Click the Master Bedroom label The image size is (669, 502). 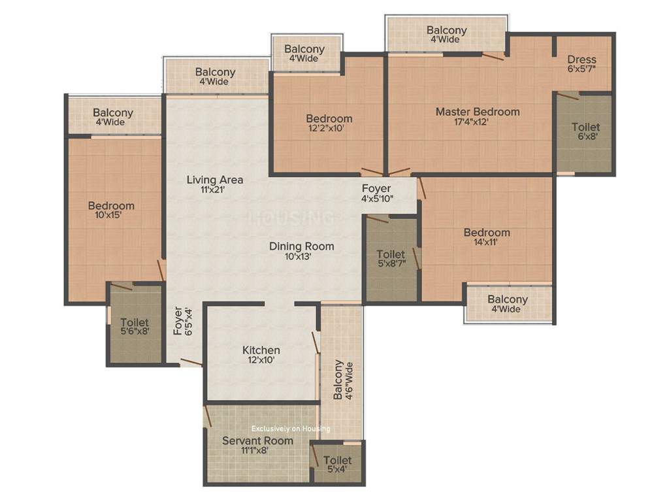[x=478, y=112]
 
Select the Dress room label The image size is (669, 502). [x=581, y=59]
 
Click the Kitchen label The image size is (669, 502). [x=261, y=350]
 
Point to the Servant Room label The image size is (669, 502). [x=257, y=441]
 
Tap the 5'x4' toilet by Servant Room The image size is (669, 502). [x=337, y=465]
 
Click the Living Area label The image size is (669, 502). [x=215, y=180]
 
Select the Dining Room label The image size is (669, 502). [x=302, y=246]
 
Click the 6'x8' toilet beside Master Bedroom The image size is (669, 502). [x=585, y=131]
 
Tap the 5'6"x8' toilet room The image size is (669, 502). [x=135, y=327]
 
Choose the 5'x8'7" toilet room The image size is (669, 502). [x=391, y=259]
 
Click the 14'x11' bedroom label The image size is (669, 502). [x=487, y=233]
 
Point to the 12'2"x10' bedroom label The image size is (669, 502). [x=329, y=119]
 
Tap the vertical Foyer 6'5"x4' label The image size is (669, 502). [x=182, y=322]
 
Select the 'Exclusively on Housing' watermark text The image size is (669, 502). [x=291, y=429]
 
